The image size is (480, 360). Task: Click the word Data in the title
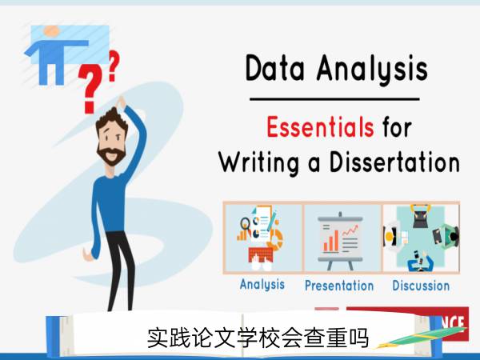click(275, 68)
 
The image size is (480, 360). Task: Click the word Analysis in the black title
click(372, 70)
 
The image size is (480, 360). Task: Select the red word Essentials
click(320, 126)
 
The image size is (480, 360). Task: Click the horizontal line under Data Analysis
click(334, 99)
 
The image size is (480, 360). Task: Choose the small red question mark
click(114, 66)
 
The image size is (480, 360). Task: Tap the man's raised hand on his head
click(122, 102)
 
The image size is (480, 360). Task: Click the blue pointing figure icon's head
click(51, 31)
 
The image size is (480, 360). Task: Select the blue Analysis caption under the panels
click(262, 285)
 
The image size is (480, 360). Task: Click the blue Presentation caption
click(339, 286)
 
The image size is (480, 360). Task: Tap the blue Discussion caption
click(421, 286)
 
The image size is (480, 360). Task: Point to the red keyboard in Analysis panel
click(260, 254)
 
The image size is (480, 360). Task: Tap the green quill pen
click(421, 337)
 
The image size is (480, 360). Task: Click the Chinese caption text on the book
click(258, 338)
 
